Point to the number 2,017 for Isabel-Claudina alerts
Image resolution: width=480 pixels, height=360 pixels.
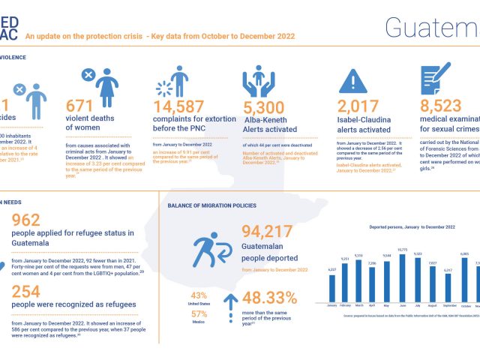358,106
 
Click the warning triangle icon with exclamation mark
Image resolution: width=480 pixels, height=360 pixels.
352,79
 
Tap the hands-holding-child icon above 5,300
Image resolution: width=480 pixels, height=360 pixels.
258,79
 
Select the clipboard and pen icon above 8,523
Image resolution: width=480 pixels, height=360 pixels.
434,79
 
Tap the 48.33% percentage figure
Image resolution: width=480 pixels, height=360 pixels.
271,299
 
